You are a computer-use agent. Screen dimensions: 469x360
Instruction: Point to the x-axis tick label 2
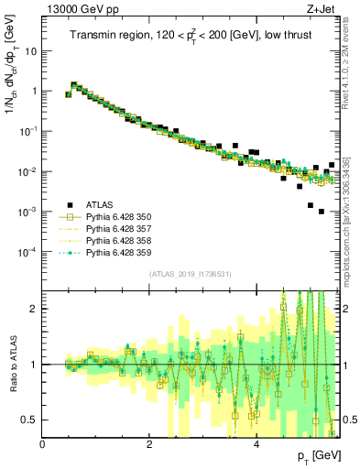pyautogui.click(x=149, y=444)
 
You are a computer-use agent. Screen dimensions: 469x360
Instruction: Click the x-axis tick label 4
pyautogui.click(x=256, y=444)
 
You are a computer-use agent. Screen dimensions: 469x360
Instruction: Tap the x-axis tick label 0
pyautogui.click(x=43, y=444)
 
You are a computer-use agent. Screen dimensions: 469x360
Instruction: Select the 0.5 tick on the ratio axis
pyautogui.click(x=30, y=420)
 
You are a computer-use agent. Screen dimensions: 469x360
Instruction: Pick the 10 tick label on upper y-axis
pyautogui.click(x=30, y=51)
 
